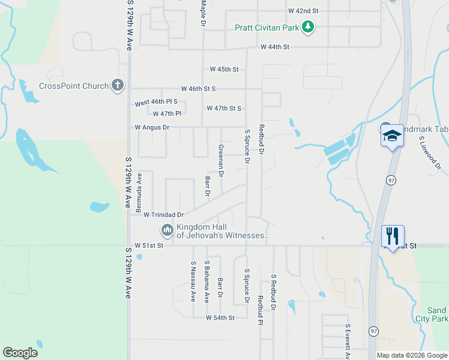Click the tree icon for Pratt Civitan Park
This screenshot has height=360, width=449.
click(308, 27)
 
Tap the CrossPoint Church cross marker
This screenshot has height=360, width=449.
click(117, 85)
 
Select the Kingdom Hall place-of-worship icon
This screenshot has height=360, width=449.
click(166, 230)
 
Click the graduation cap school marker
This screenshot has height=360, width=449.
click(392, 136)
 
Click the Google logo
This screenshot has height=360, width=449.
click(20, 353)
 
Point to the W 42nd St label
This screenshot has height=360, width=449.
click(303, 11)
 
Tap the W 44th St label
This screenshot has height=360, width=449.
click(274, 47)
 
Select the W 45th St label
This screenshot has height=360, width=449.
click(224, 70)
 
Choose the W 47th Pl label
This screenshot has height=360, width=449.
click(167, 113)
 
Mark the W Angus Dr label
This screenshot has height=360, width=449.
click(152, 127)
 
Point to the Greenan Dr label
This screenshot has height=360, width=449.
click(221, 161)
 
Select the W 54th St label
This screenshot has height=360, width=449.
click(220, 317)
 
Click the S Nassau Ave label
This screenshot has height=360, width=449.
click(193, 281)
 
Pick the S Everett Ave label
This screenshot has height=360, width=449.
click(348, 342)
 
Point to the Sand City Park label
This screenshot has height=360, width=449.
click(437, 315)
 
